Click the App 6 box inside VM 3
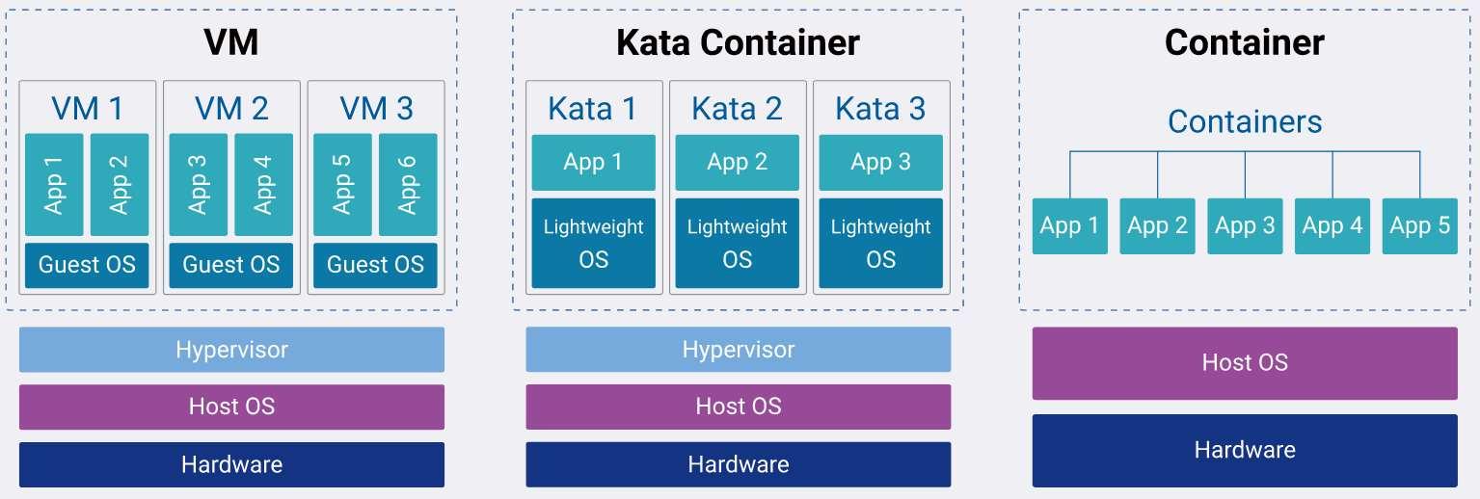click(408, 184)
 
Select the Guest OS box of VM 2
click(231, 265)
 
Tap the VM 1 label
click(87, 108)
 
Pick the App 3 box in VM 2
click(199, 184)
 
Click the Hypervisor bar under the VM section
click(231, 349)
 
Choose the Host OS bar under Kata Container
click(738, 407)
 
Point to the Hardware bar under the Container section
click(1245, 450)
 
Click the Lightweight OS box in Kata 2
click(738, 244)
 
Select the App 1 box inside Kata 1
click(593, 162)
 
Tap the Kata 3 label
click(880, 108)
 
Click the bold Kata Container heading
click(738, 42)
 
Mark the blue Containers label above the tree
click(1245, 121)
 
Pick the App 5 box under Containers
click(1419, 226)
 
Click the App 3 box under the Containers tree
click(1245, 226)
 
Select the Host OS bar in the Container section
click(1245, 363)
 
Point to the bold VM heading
click(231, 42)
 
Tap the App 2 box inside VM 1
click(120, 184)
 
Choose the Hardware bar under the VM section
click(231, 464)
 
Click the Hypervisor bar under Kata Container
click(738, 349)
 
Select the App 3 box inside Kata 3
click(880, 162)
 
